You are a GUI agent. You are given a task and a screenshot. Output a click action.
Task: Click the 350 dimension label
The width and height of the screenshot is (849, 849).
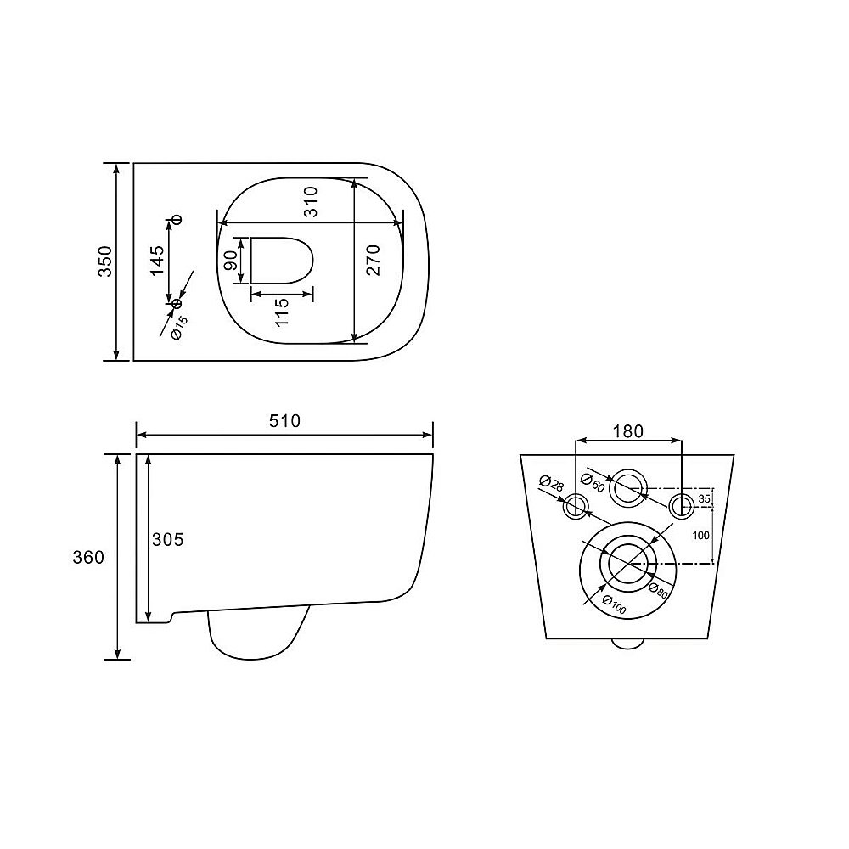pos(105,261)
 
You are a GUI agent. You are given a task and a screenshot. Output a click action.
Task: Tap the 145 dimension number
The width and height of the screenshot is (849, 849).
pos(157,261)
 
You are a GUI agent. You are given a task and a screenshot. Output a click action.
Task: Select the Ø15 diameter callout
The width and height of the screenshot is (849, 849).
pos(179,328)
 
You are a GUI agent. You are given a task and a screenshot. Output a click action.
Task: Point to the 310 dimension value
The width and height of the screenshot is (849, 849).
pos(311,202)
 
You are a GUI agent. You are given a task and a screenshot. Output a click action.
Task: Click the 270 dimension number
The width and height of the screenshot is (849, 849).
pos(373,261)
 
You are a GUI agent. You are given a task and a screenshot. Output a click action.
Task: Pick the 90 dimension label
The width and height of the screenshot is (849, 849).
pos(230,261)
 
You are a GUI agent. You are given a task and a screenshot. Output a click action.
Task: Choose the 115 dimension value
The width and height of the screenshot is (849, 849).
pos(282,312)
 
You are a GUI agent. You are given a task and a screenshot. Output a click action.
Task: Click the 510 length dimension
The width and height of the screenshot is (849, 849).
pos(284,421)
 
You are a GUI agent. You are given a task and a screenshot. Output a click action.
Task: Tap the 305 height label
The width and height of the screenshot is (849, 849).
pos(168,539)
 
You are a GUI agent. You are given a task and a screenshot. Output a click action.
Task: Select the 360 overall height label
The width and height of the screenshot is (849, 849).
pos(88,557)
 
